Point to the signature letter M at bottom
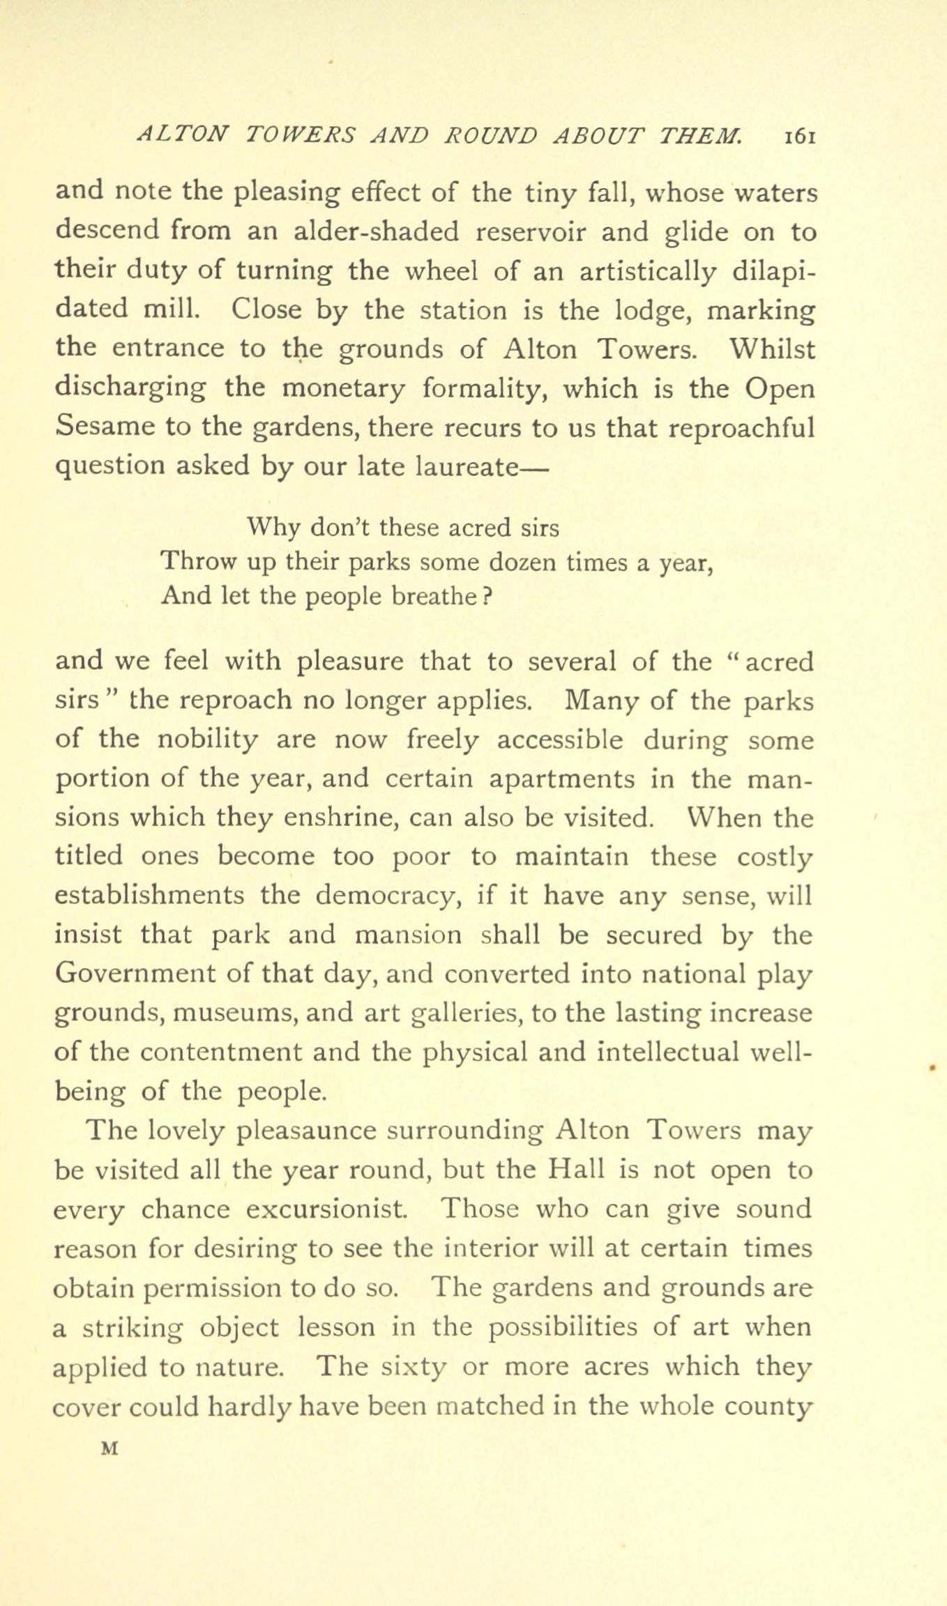click(x=108, y=1449)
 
